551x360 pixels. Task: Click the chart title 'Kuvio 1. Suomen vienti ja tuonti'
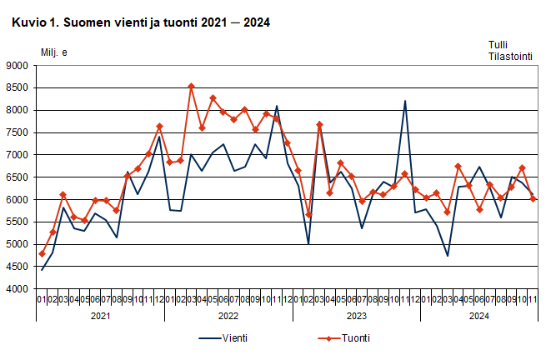pos(140,24)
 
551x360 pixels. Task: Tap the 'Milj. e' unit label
pos(54,52)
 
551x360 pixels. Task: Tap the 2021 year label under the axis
pos(100,316)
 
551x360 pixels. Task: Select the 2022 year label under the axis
pos(228,316)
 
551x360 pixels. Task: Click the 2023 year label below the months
pos(357,316)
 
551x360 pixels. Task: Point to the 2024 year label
pos(479,316)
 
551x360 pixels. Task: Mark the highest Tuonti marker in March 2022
pos(191,86)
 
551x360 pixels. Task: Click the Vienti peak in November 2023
pos(405,101)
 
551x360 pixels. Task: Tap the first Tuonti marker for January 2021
pos(42,253)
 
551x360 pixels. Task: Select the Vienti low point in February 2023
pos(308,244)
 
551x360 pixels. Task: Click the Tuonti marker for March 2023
pos(319,124)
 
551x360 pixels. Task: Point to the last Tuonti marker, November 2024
pos(533,198)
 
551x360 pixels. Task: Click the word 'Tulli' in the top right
pos(499,45)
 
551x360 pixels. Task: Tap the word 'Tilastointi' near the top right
pos(511,57)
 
